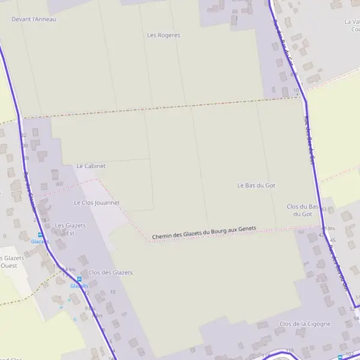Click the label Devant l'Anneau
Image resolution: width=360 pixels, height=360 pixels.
click(x=34, y=19)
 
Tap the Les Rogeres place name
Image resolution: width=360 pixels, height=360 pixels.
click(x=163, y=35)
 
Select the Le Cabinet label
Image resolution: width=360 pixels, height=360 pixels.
click(x=91, y=166)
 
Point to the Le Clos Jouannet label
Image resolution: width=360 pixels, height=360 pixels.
click(x=97, y=203)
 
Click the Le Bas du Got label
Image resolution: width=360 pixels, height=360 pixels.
click(x=256, y=185)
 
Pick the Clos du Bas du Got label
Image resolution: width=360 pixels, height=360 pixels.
click(x=302, y=210)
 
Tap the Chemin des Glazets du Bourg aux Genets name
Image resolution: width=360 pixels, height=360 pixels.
click(x=204, y=233)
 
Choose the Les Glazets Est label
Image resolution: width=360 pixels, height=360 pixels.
click(x=70, y=229)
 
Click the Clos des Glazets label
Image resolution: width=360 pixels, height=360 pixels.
click(x=110, y=272)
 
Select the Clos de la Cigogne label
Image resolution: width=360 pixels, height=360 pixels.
click(x=305, y=324)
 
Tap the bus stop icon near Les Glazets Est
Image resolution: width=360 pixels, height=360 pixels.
click(x=40, y=235)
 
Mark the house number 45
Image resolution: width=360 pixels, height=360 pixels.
click(x=333, y=240)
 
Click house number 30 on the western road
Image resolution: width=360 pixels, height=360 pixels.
click(x=25, y=146)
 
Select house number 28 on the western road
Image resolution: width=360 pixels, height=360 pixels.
click(x=26, y=158)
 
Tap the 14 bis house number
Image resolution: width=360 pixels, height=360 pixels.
click(x=70, y=270)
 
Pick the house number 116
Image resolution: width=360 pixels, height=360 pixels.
click(x=290, y=350)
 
